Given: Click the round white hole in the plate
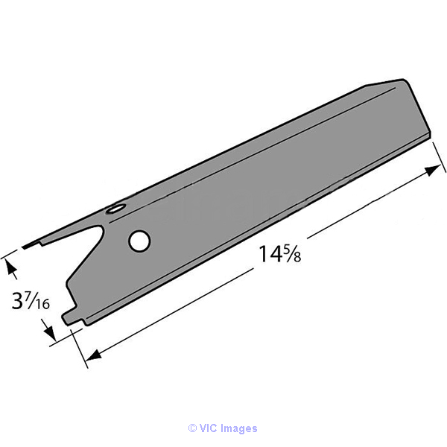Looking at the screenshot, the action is point(139,241).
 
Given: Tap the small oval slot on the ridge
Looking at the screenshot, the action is point(115,209).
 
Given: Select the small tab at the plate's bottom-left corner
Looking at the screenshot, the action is point(70,318).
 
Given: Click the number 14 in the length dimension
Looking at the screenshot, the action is point(270,254).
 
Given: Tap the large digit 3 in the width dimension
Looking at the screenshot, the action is point(17,300).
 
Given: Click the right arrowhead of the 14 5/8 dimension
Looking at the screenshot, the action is point(431,170).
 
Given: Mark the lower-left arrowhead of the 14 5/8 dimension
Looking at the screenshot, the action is point(94,355).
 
